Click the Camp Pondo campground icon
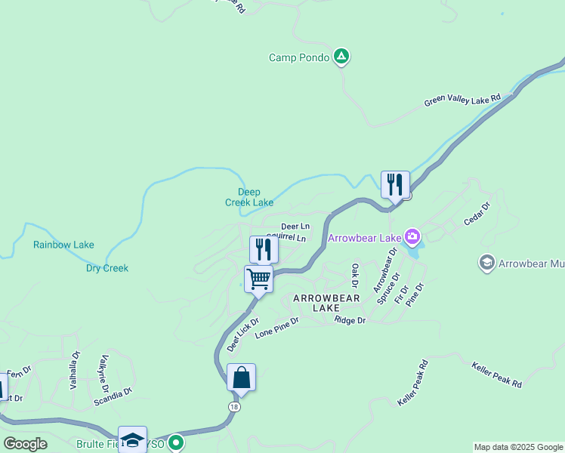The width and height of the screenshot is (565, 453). click(x=341, y=57)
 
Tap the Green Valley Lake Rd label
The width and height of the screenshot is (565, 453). click(x=462, y=100)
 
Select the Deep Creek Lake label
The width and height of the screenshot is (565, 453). click(x=249, y=197)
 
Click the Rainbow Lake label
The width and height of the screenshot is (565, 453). click(x=63, y=245)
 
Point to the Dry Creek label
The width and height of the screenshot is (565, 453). click(x=107, y=268)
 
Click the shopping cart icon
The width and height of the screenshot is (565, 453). click(x=258, y=279)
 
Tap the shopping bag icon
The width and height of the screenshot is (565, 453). click(x=241, y=377)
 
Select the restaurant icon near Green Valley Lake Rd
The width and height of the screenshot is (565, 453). click(x=395, y=184)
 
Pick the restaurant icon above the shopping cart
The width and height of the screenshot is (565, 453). click(x=264, y=249)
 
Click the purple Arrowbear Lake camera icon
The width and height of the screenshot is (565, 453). click(x=412, y=238)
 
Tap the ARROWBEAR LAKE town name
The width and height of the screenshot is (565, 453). click(x=326, y=304)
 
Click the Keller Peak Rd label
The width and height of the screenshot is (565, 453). click(x=496, y=374)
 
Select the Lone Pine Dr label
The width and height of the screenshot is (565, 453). click(x=276, y=327)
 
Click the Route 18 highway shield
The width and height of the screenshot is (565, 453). click(x=235, y=406)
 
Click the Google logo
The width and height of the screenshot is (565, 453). click(x=26, y=444)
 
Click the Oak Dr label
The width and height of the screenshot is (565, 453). click(x=354, y=276)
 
